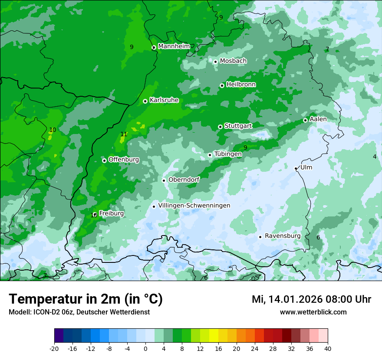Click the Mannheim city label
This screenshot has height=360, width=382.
point(174,46)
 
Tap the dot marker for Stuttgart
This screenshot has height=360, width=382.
point(221,127)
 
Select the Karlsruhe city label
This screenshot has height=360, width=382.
point(164,100)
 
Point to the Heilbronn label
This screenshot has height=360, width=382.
point(241,85)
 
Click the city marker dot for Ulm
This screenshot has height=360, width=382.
point(296,168)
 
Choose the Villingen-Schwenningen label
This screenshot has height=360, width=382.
point(194,206)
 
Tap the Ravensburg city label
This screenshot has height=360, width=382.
point(283,236)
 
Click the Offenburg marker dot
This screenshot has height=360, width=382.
point(104,160)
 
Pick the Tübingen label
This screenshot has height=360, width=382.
point(228,154)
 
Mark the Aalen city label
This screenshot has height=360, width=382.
point(318,119)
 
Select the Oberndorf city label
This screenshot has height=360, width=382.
point(184,180)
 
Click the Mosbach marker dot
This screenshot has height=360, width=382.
point(215,62)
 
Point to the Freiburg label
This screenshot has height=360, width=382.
point(111,213)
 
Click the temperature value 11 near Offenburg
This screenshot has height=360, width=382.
point(124,134)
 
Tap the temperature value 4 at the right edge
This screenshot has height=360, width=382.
point(375,157)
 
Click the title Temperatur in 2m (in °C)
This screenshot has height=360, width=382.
point(86,299)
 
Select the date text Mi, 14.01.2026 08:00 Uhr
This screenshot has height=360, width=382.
point(311,299)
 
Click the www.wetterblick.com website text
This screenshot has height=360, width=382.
point(313,312)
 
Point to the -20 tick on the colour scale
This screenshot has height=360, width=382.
point(54,349)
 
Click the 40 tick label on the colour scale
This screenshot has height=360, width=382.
point(327,349)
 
